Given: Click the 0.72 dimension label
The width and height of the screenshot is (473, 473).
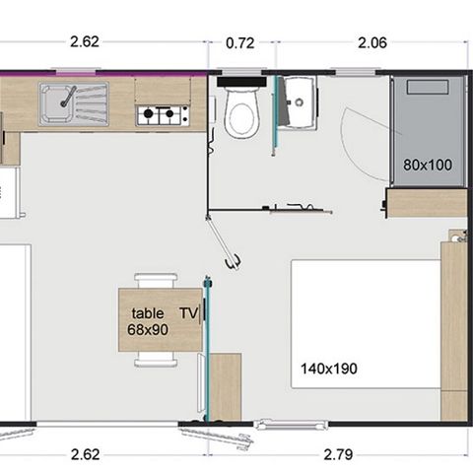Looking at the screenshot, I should [241, 43].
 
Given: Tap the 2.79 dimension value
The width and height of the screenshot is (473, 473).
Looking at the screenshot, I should [340, 454].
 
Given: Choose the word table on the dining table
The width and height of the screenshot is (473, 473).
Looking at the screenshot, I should [148, 313].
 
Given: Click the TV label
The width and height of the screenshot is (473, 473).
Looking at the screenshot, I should [188, 313].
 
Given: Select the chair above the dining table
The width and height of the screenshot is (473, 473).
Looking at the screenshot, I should [158, 280].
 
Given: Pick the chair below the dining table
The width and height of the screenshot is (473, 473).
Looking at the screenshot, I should [158, 360].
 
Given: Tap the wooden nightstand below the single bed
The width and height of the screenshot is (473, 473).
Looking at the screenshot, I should [427, 203].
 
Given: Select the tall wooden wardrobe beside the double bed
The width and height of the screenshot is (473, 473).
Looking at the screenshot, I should [453, 330].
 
